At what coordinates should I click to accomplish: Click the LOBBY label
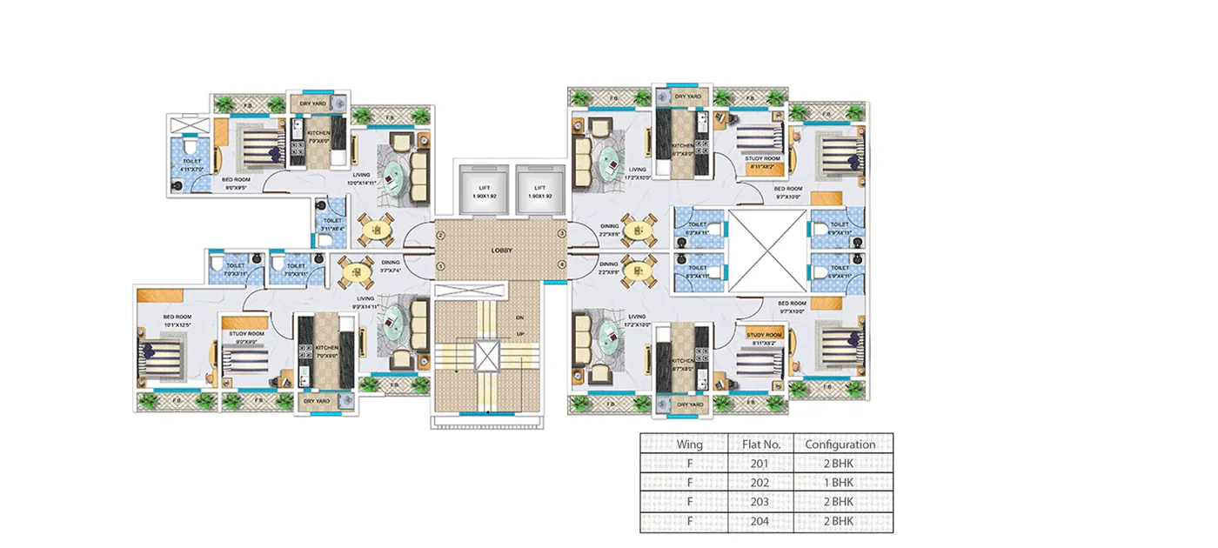500,251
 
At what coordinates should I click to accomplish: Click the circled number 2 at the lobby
441,236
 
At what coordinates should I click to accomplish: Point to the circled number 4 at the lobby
562,264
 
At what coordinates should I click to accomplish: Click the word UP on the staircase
520,333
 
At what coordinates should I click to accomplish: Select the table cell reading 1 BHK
840,482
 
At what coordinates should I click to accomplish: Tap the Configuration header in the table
840,444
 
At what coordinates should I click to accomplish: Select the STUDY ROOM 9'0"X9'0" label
246,337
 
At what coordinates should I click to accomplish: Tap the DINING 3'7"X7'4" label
390,266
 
